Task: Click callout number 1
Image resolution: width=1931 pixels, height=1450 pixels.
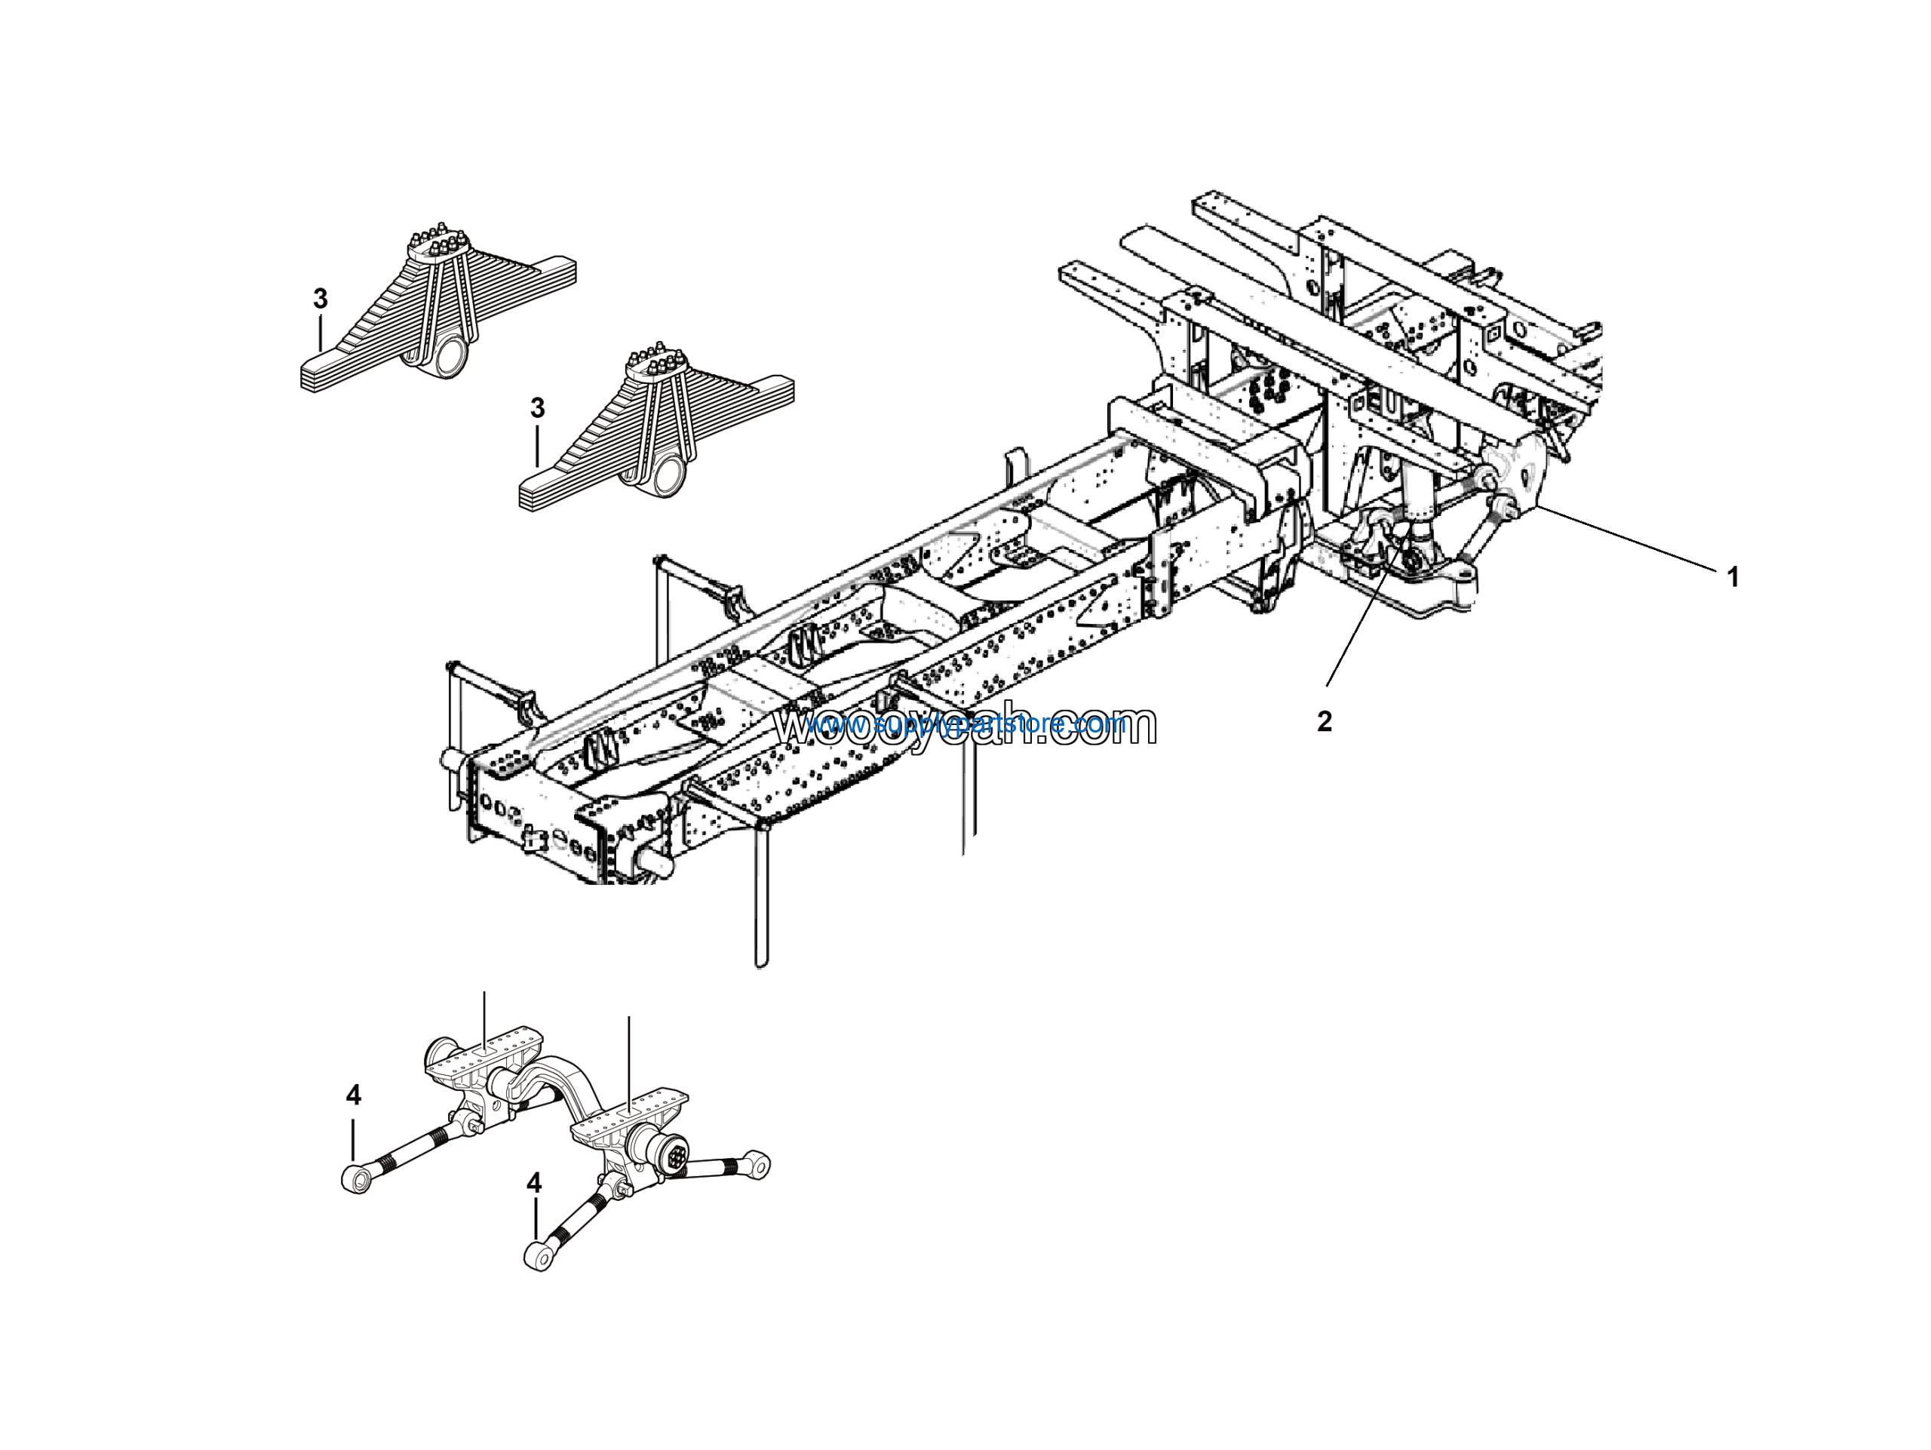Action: (x=1733, y=577)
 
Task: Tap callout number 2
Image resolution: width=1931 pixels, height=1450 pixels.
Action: (x=1325, y=722)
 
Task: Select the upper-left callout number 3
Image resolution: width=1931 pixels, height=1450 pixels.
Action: (x=321, y=300)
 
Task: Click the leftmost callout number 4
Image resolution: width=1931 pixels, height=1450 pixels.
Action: (x=353, y=1095)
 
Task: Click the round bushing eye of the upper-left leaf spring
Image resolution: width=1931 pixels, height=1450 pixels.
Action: (x=451, y=358)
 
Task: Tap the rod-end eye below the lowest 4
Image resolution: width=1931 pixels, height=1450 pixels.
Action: (x=538, y=1258)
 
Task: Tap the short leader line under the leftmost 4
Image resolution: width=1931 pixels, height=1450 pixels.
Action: (x=354, y=1139)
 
